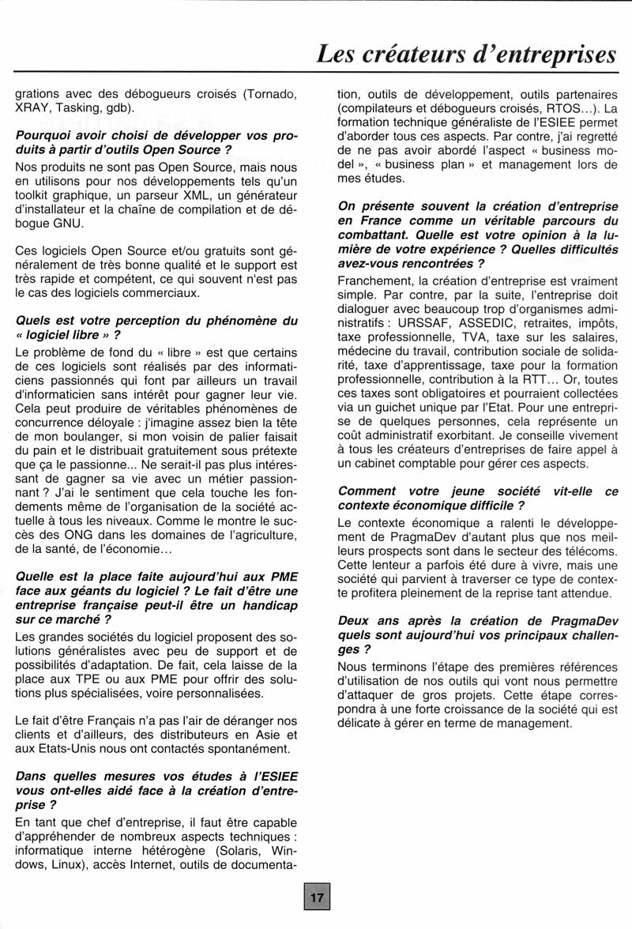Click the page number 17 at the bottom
tap(317, 897)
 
